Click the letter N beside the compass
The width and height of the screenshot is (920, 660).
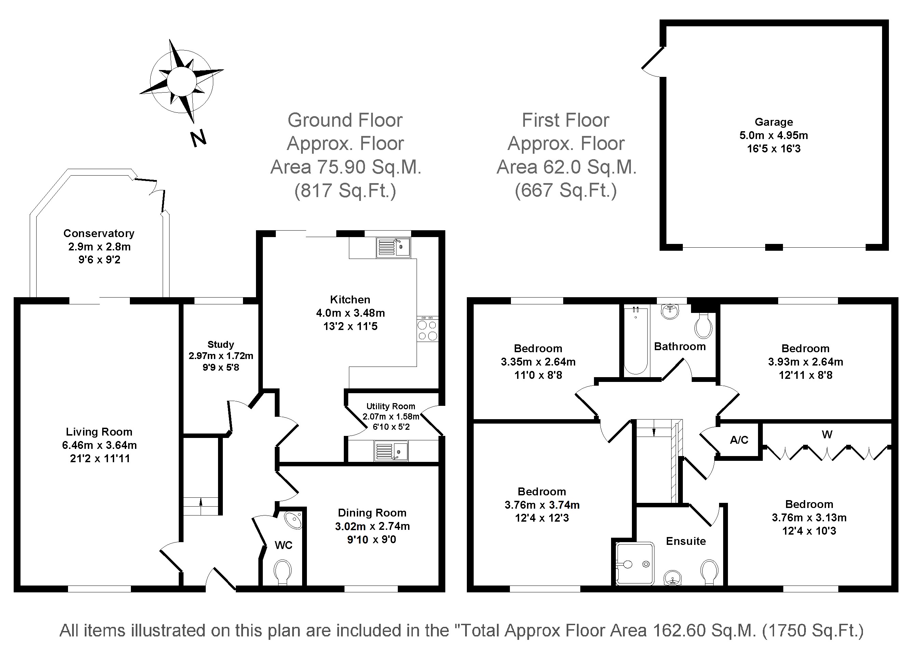coord(198,139)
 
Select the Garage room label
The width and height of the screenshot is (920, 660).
coord(774,122)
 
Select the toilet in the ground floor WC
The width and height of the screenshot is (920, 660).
coord(283,572)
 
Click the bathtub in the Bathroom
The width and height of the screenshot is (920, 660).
coord(636,341)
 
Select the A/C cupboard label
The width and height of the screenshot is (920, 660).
coord(739,440)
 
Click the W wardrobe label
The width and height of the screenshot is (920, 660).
coord(827,435)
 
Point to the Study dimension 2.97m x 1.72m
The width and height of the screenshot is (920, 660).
coord(221,356)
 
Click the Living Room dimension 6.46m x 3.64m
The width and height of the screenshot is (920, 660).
coord(99,445)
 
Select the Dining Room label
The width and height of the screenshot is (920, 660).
coord(372,513)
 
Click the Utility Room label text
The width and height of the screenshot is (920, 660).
coord(391,406)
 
